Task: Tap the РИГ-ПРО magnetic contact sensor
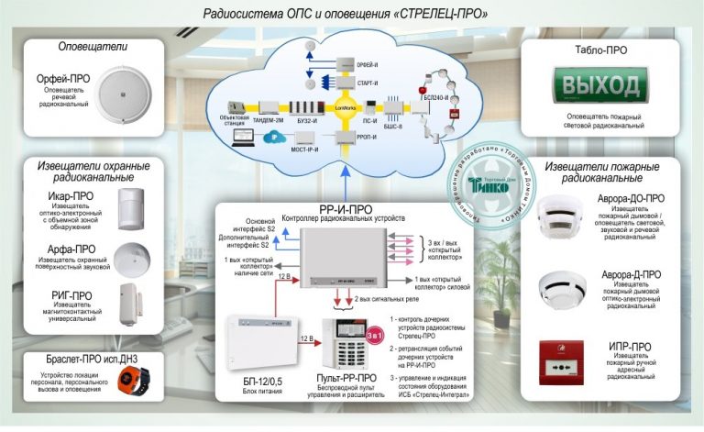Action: [x=132, y=305]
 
